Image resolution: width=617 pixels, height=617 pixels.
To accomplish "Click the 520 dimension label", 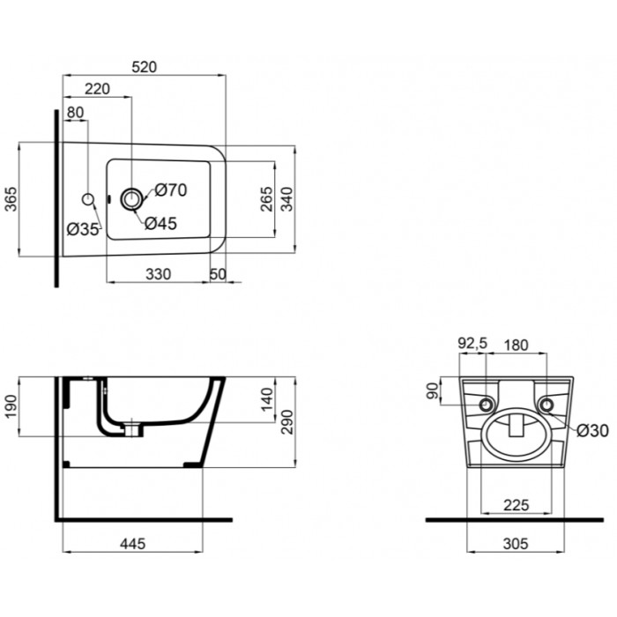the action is [144, 67].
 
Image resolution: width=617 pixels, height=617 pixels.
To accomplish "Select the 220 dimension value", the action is [97, 89].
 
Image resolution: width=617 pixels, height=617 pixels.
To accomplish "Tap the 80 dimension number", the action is [75, 113].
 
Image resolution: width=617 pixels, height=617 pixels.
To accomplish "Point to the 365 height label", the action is [11, 199].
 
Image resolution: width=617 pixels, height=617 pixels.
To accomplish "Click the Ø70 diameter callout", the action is [171, 190].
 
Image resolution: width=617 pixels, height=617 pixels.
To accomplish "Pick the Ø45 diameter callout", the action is [161, 224].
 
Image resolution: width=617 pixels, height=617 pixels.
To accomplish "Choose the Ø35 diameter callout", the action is [82, 229].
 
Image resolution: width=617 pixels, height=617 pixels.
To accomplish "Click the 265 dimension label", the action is [266, 199].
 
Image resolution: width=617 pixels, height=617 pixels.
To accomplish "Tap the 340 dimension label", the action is [287, 199].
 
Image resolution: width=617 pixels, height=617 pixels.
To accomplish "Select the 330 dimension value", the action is [158, 274].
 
